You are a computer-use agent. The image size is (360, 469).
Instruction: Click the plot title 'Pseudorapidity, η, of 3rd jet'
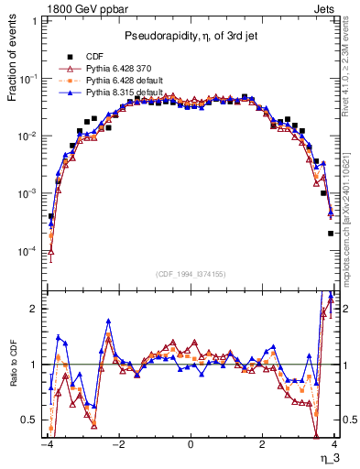click(x=190, y=36)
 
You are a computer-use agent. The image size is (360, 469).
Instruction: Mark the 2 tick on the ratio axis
click(x=33, y=309)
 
